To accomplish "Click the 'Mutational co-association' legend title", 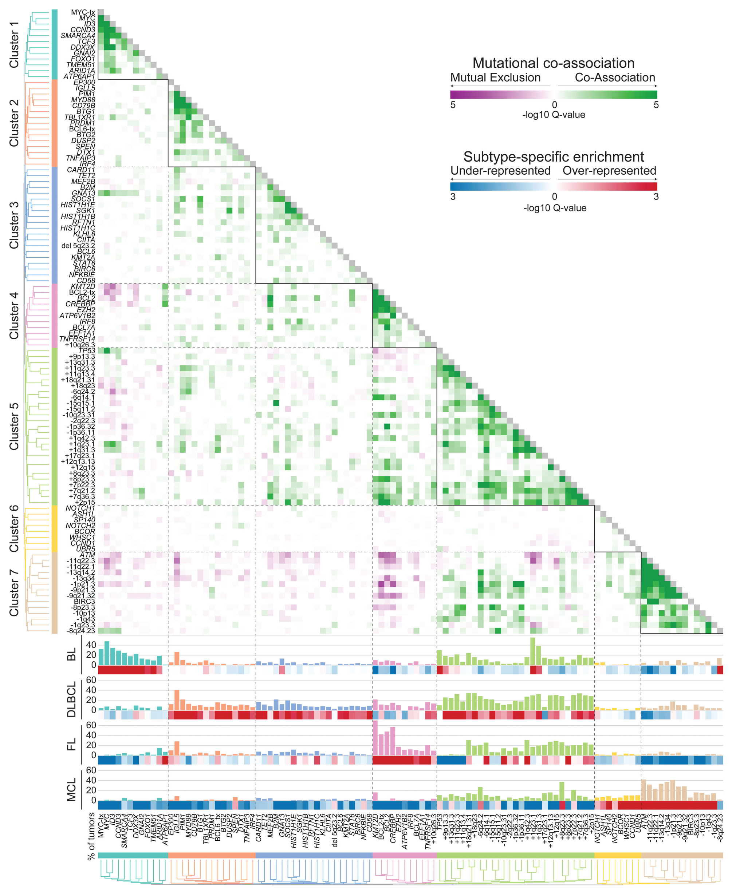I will (553, 63).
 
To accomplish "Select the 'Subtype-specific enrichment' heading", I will (553, 157).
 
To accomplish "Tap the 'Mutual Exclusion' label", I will (495, 78).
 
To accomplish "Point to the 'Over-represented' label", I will (609, 171).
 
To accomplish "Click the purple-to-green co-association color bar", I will (553, 95).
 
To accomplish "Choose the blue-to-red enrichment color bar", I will (553, 186).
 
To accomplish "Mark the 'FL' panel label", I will (72, 745).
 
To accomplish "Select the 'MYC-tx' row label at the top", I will (83, 12).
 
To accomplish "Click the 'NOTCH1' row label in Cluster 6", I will (80, 508).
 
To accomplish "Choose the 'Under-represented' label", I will (500, 171).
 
